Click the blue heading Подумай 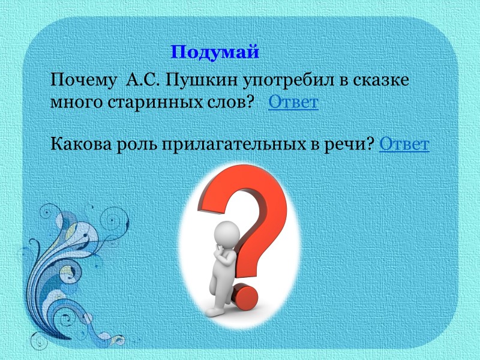[x=215, y=52]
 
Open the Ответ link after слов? [x=293, y=103]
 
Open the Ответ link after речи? [x=404, y=145]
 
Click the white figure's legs [x=220, y=294]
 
